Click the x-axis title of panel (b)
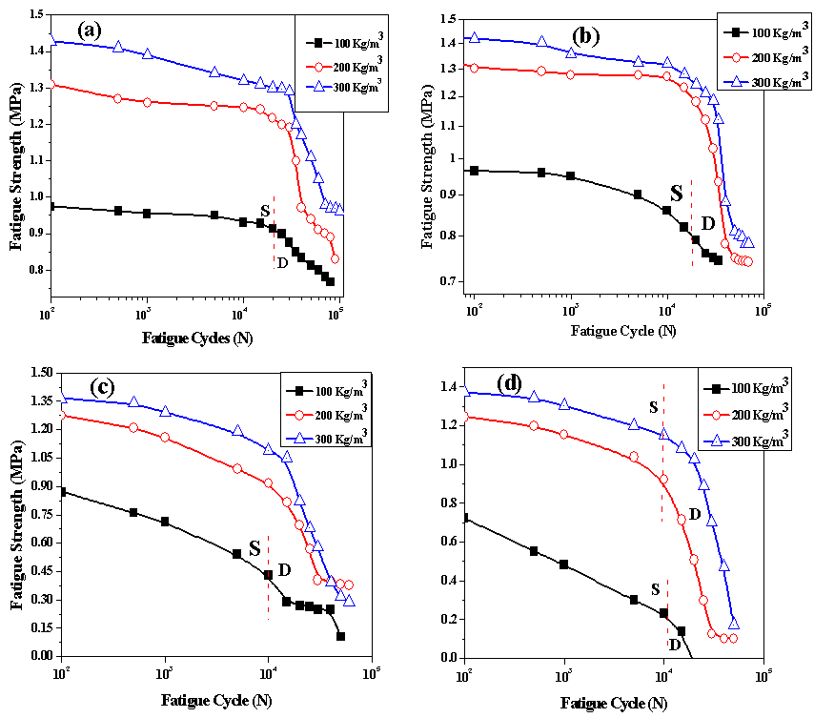click(623, 331)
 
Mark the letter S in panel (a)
click(264, 211)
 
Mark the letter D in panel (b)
click(708, 223)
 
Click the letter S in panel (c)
click(254, 548)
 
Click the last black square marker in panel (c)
click(340, 636)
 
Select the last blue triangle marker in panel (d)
click(733, 623)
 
